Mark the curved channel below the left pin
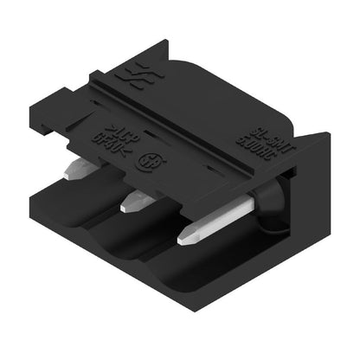coord(65,212)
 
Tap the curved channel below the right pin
coord(186,277)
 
